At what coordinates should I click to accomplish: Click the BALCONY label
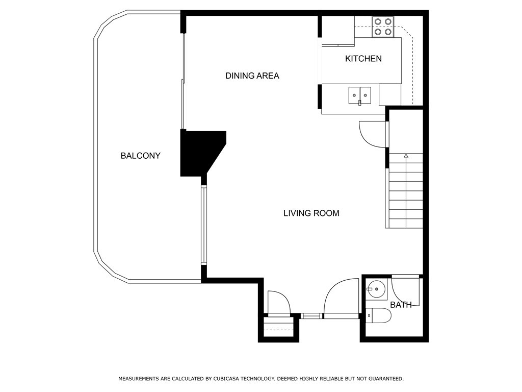coord(141,156)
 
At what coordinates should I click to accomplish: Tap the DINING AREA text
coord(252,76)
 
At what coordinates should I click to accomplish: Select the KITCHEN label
coord(363,59)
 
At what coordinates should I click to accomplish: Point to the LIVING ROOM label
coord(311,213)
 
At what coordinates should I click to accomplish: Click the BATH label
coord(401,305)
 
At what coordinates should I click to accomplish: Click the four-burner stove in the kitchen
coord(383,27)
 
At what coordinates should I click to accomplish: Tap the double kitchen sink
coord(359,95)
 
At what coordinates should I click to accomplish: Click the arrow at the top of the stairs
coord(406,156)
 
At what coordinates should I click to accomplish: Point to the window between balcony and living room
coord(204,225)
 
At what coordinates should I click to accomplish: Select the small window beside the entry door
coord(312,315)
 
